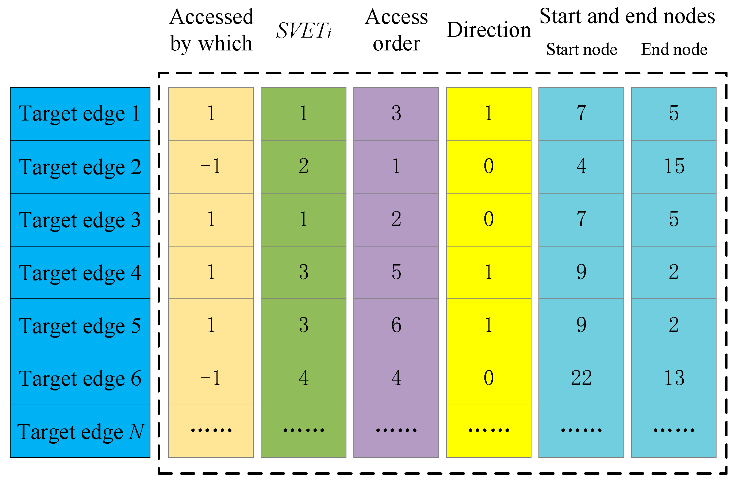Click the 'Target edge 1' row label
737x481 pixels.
80,114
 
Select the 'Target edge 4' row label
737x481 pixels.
80,273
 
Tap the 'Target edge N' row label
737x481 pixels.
80,432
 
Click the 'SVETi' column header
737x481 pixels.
304,30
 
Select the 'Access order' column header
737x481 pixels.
396,30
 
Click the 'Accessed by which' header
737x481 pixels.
211,30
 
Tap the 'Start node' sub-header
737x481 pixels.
581,49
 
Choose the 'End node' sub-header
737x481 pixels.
674,49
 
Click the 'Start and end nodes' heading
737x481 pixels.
627,16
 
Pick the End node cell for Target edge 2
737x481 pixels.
674,167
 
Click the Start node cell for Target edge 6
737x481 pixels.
581,378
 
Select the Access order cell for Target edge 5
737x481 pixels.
396,325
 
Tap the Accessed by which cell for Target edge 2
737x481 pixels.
211,167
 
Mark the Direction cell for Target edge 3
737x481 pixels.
488,219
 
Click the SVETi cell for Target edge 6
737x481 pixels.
304,378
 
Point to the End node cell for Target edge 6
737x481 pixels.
674,378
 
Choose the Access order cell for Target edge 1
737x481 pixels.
396,114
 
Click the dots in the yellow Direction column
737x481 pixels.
488,430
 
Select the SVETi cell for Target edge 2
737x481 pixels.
304,167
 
